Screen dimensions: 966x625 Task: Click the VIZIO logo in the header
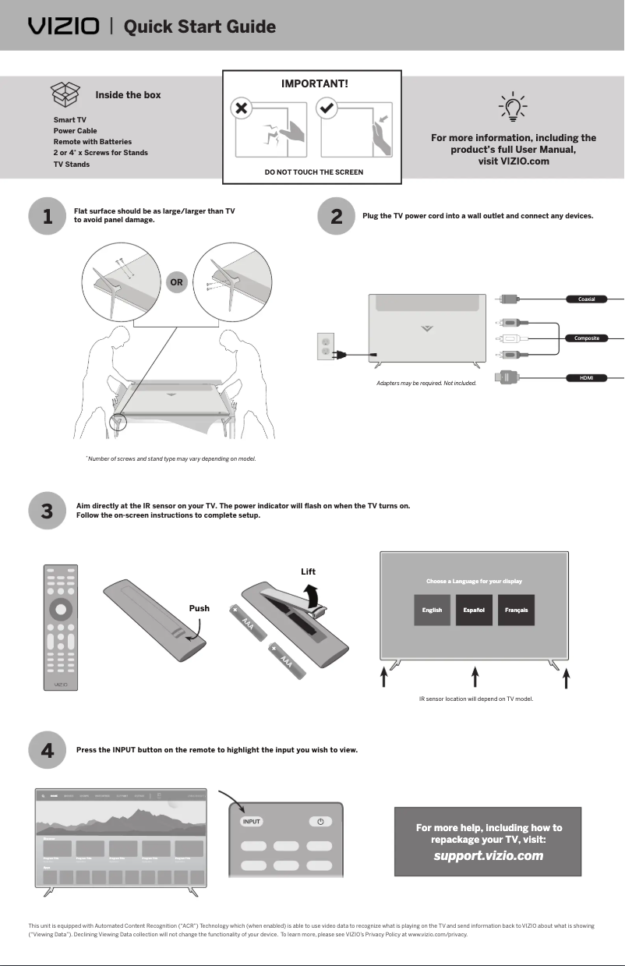pyautogui.click(x=64, y=27)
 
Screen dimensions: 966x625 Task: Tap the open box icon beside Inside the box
pyautogui.click(x=65, y=94)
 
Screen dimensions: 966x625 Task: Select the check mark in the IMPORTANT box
pyautogui.click(x=328, y=109)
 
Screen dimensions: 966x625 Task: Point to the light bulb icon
pyautogui.click(x=512, y=108)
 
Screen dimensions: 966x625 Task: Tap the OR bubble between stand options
pyautogui.click(x=177, y=282)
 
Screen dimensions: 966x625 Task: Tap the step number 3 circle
pyautogui.click(x=47, y=511)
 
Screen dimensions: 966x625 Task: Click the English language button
pyautogui.click(x=433, y=610)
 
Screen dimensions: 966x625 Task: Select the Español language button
pyautogui.click(x=474, y=610)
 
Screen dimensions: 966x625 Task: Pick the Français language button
pyautogui.click(x=516, y=610)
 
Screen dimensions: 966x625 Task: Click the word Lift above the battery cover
pyautogui.click(x=308, y=571)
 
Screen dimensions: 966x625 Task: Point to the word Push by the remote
pyautogui.click(x=200, y=608)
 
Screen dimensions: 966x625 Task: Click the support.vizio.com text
pyautogui.click(x=489, y=856)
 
